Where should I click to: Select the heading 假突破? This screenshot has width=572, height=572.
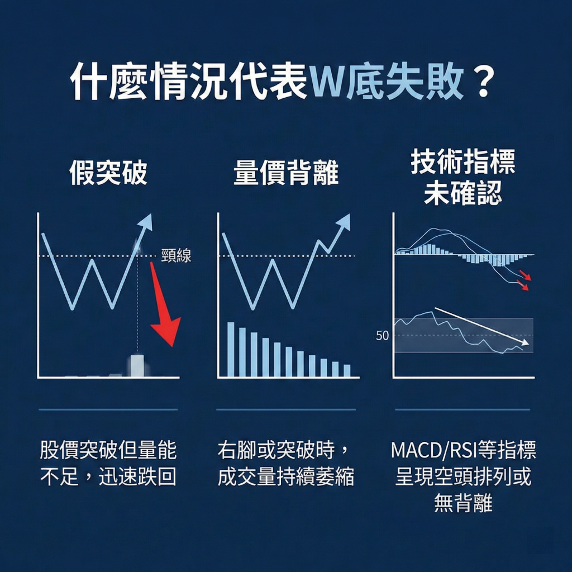pos(108,174)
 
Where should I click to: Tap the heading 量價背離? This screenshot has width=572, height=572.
pos(286,174)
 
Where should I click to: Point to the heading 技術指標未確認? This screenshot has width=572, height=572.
pos(463,178)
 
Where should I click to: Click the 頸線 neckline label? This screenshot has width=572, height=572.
pos(176,256)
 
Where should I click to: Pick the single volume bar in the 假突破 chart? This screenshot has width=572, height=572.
pos(137,365)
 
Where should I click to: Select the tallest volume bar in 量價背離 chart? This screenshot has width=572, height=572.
pos(231,349)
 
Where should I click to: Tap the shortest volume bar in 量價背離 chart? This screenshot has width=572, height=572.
pos(347,370)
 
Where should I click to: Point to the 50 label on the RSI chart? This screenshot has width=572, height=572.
pos(383,336)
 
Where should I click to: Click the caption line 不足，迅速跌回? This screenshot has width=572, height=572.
pos(108,478)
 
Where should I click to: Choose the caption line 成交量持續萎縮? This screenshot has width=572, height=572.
pos(286,478)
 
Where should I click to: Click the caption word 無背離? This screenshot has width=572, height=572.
pos(463,503)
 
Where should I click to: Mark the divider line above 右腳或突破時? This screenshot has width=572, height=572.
pos(286,409)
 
